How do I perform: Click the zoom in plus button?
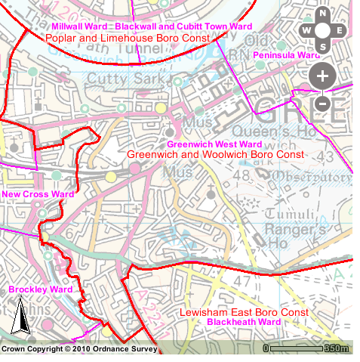pos(322,76)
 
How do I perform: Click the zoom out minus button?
pos(322,103)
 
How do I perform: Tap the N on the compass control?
pos(323,14)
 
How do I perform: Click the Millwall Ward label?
pos(78,26)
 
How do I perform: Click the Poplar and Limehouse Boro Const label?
pos(127,37)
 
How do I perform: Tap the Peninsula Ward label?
pos(286,56)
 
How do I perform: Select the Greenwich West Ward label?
pos(214,144)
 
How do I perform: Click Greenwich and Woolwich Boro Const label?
pos(215,154)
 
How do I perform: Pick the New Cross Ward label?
pos(38,194)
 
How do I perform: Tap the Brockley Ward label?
pos(40,289)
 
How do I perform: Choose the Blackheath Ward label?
pos(243,323)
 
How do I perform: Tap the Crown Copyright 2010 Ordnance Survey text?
pos(78,350)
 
